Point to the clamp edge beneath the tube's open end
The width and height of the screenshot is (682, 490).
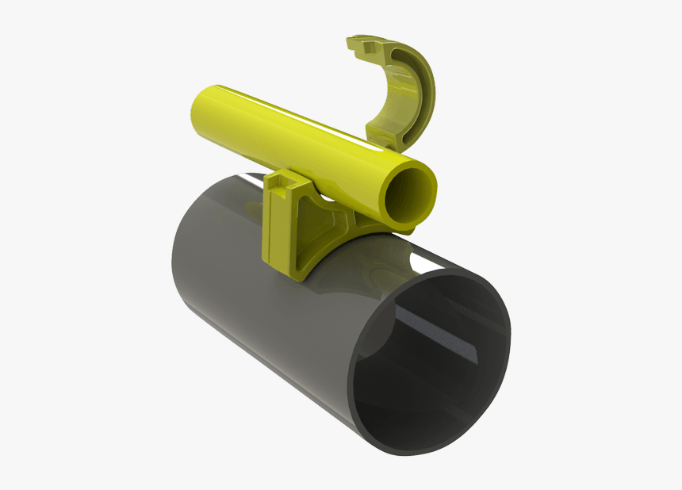tap(397, 229)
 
